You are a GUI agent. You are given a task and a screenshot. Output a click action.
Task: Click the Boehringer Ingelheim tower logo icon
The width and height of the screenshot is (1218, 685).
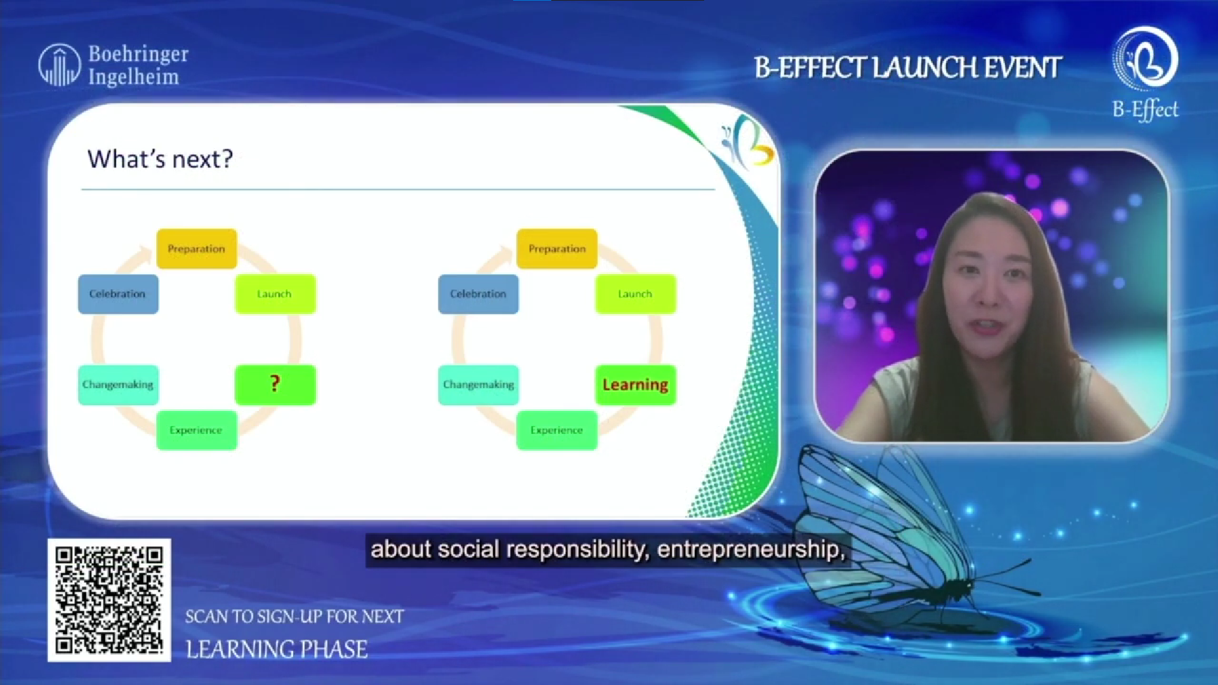point(60,65)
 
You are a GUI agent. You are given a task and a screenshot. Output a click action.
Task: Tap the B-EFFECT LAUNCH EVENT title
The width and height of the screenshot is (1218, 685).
point(908,68)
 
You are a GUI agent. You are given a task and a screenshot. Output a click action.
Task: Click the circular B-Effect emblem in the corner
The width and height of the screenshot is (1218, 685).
point(1146,58)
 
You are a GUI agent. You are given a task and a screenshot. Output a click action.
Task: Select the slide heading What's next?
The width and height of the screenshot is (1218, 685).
point(160,159)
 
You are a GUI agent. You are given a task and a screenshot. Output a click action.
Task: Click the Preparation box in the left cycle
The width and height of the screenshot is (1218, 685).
point(197,249)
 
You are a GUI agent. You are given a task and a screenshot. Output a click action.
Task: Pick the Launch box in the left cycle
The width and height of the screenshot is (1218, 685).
point(275,294)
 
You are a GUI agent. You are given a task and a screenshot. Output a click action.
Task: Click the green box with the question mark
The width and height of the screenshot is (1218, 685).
point(275,384)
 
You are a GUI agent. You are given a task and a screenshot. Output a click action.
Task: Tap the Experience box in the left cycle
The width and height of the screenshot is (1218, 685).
point(197,430)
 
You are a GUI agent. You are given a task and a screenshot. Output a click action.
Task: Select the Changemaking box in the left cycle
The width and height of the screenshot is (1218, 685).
point(118,384)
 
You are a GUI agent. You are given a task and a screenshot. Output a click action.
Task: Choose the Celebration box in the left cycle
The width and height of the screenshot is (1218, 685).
point(118,294)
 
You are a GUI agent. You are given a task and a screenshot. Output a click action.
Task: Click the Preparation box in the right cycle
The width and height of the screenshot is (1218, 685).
point(557,249)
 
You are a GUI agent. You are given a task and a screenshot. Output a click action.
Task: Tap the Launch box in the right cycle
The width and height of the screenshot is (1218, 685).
point(636,294)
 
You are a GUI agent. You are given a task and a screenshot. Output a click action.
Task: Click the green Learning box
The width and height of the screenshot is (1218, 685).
point(636,384)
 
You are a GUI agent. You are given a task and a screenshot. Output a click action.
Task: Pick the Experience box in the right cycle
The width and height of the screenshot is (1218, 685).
point(557,430)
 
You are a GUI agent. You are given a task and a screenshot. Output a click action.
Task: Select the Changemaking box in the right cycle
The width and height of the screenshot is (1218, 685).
point(478,384)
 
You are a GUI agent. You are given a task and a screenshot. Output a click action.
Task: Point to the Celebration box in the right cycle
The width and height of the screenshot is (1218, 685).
point(478,294)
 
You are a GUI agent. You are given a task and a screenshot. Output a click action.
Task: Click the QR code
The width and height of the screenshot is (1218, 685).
point(109,600)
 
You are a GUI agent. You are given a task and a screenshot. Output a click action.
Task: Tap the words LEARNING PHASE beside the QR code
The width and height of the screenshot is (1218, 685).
point(277,649)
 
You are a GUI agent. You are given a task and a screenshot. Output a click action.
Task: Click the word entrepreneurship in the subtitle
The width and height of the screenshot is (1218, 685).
point(752,549)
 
